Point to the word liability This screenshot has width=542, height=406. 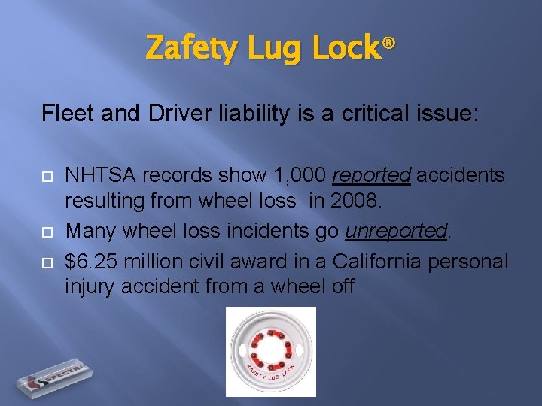pyautogui.click(x=248, y=114)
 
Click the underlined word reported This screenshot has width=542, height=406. pyautogui.click(x=371, y=176)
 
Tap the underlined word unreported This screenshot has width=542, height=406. pyautogui.click(x=396, y=231)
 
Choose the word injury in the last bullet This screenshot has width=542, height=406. pyautogui.click(x=89, y=286)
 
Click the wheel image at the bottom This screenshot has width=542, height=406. pyautogui.click(x=271, y=352)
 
